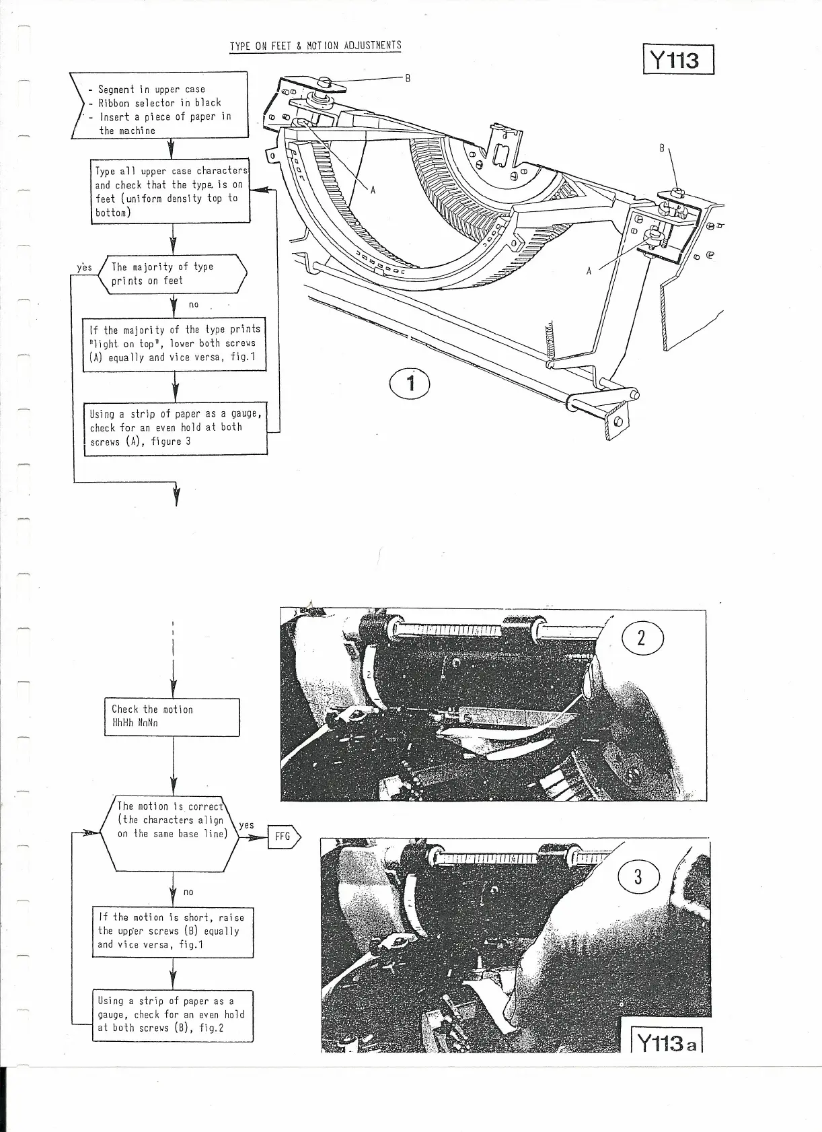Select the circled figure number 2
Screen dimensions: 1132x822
coord(641,638)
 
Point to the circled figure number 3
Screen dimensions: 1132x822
coord(638,877)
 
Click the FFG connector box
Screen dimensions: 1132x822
coord(283,837)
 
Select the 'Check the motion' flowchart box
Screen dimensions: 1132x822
coord(173,717)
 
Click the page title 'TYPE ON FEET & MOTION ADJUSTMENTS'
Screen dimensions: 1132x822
coord(315,46)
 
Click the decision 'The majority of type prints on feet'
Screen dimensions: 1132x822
coord(173,274)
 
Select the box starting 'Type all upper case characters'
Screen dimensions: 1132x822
coord(172,192)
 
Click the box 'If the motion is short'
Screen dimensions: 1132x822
coord(172,931)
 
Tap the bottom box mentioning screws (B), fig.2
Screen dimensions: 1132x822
coord(172,1015)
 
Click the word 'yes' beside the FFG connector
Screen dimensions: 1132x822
coord(246,825)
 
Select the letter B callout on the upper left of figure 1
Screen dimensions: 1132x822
coord(406,77)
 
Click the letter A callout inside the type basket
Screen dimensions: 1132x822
coord(372,190)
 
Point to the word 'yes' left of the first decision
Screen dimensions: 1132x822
coord(84,267)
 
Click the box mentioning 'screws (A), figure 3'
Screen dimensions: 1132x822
coord(175,428)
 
